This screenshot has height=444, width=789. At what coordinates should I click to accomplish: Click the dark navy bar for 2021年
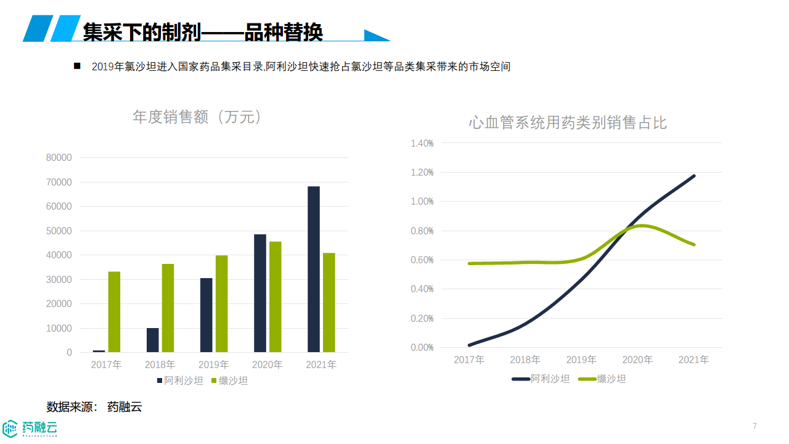pos(314,269)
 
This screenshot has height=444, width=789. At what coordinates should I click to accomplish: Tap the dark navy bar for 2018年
pos(152,340)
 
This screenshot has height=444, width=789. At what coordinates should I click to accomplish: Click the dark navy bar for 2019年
pos(206,315)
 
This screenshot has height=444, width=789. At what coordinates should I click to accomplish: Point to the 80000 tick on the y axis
pos(60,158)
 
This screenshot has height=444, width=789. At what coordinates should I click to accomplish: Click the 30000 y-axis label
pos(60,280)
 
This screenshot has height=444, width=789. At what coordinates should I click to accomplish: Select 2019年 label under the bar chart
pos(213,365)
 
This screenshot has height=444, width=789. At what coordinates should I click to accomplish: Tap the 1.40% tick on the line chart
pos(422,143)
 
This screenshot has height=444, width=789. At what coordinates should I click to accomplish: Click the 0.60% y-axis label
pos(422,260)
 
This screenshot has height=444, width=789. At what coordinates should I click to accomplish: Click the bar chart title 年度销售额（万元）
pos(197,117)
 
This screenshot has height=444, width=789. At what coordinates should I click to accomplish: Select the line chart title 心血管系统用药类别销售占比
pos(568,123)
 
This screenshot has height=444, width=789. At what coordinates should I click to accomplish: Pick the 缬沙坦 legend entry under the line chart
pos(603,379)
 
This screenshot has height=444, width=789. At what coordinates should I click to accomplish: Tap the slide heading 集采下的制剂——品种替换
pos(203,32)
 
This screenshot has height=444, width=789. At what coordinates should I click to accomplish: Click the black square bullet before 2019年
pos(77,66)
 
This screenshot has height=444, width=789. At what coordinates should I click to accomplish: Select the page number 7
pos(754,426)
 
